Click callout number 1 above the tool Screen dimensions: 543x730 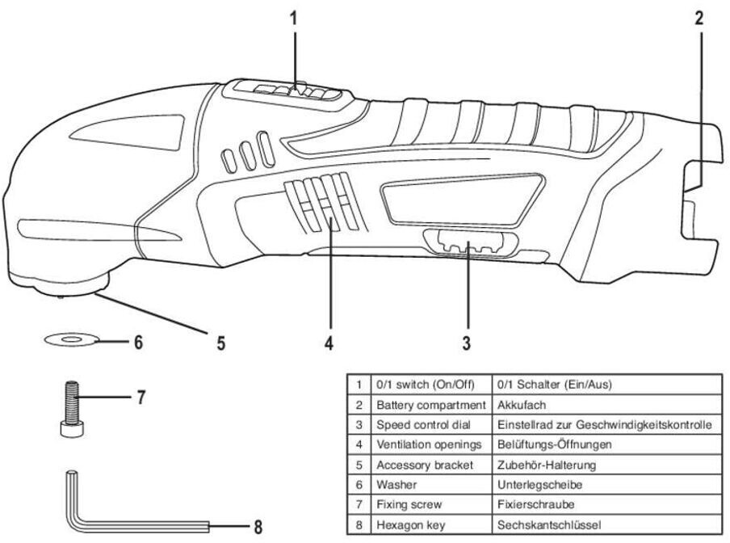click(294, 17)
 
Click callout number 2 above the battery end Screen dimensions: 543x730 click(700, 17)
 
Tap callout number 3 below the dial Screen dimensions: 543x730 click(466, 342)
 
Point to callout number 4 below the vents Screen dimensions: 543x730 click(329, 343)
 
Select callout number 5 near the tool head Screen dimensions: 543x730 click(220, 343)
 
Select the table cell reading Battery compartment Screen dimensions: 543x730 click(430, 404)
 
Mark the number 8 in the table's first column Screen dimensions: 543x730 click(359, 525)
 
